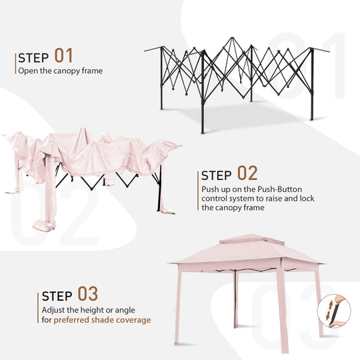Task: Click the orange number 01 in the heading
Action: [x=63, y=55]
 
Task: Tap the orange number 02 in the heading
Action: [x=247, y=173]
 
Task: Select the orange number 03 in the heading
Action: [x=88, y=293]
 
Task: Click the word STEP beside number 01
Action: [x=33, y=58]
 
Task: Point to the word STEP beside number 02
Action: [x=216, y=175]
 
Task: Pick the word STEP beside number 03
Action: [x=57, y=296]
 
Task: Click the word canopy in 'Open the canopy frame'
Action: [x=64, y=71]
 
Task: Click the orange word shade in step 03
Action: [x=103, y=320]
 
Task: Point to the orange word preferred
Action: [x=71, y=320]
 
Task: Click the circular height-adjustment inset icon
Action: [x=334, y=311]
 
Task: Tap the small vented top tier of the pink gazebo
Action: [x=252, y=239]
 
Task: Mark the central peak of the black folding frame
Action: [x=233, y=38]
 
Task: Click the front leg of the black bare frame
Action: [x=203, y=92]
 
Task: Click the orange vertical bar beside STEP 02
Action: [x=198, y=191]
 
